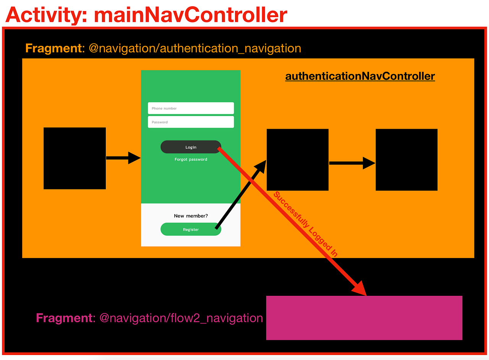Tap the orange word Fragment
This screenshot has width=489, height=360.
[53, 48]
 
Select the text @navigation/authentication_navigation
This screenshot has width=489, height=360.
[195, 48]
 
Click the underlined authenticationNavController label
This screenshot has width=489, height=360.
[360, 76]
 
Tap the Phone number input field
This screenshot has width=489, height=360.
[191, 108]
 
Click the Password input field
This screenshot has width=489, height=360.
[191, 122]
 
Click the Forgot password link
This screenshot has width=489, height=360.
[191, 159]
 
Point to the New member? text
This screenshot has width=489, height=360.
[191, 216]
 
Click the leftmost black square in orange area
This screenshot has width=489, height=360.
[74, 158]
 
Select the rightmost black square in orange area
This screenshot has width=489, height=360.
[406, 160]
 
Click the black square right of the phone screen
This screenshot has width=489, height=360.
[297, 160]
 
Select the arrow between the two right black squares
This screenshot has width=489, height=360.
[351, 163]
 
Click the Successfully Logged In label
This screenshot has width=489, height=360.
[305, 224]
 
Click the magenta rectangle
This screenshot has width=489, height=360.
[364, 318]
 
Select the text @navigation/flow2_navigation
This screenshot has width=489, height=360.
[181, 318]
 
